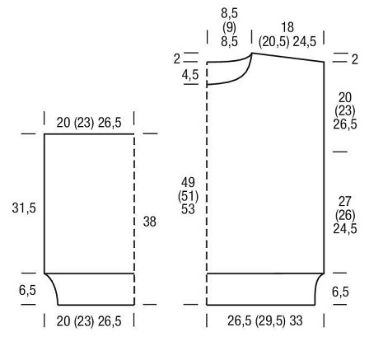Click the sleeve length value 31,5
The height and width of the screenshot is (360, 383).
24,208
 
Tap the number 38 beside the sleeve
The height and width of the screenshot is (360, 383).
150,222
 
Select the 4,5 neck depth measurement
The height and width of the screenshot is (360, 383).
190,75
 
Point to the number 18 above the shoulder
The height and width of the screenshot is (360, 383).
287,27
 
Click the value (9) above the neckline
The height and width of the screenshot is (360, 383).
229,27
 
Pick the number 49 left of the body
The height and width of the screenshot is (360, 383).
188,182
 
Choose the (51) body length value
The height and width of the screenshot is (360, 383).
188,196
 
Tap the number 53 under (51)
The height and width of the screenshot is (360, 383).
188,209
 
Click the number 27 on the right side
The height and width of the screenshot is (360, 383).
345,202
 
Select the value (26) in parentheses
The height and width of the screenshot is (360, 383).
345,215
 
